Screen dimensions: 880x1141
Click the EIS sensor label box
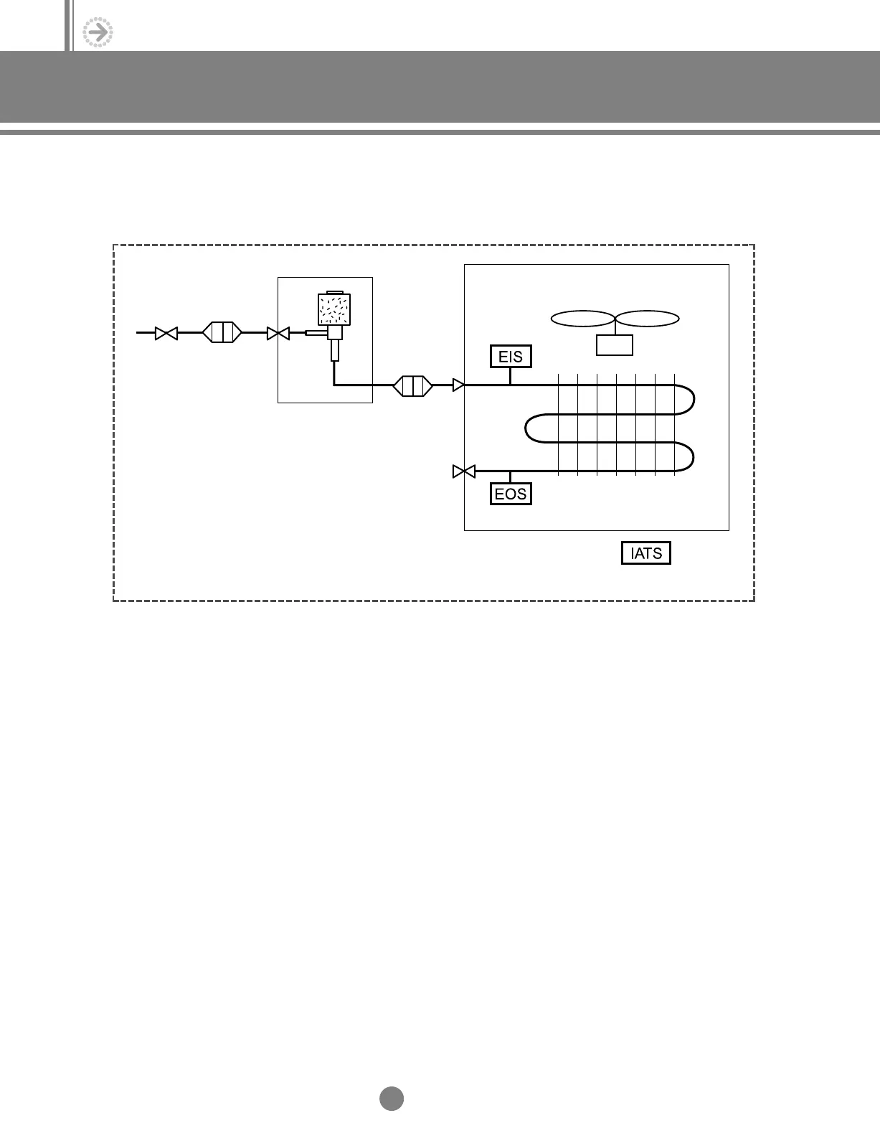[x=511, y=356]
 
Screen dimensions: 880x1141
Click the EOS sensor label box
[x=511, y=494]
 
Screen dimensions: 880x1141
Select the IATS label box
[x=645, y=553]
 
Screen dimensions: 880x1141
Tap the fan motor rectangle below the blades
[x=615, y=344]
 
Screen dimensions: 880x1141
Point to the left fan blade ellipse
[x=582, y=318]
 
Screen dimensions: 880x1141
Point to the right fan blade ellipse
[x=648, y=318]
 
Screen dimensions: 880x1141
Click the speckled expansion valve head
[x=333, y=309]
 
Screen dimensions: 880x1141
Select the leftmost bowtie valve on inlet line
[x=166, y=333]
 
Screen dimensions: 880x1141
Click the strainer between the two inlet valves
[x=222, y=333]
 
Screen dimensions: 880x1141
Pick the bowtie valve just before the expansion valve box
[x=278, y=333]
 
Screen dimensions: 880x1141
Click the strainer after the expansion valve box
[x=412, y=385]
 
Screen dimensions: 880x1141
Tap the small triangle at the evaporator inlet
[x=458, y=385]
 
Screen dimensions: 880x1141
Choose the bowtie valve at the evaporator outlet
[x=464, y=471]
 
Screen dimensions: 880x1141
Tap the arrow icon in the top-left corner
[x=98, y=32]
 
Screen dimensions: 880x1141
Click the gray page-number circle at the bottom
[x=392, y=1099]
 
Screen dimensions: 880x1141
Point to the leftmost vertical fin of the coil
[x=559, y=423]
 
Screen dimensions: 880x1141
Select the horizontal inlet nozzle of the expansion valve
[x=316, y=332]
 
